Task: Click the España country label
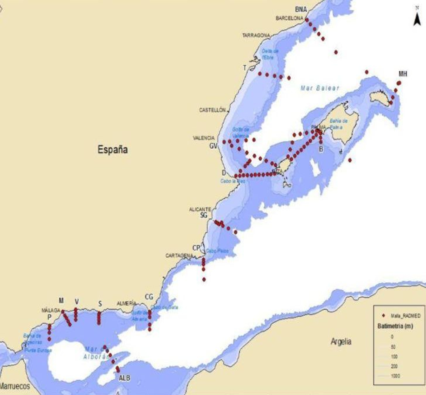113,149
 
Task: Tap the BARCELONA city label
289,18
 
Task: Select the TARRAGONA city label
256,35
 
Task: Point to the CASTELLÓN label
212,110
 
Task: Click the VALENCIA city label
204,138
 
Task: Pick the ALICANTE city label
200,209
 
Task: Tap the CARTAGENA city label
179,255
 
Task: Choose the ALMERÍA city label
126,303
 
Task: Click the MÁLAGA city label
51,310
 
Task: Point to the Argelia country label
341,341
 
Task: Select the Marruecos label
15,386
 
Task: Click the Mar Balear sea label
320,88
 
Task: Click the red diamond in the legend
383,316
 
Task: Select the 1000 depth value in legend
395,376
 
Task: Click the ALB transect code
125,378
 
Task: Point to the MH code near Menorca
403,74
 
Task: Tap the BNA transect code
301,9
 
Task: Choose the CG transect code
149,296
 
